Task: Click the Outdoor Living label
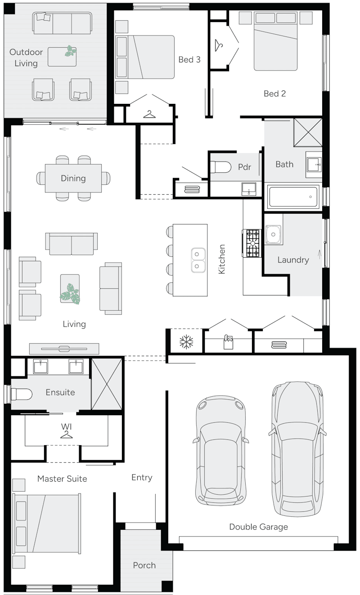pyautogui.click(x=26, y=58)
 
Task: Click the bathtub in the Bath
pyautogui.click(x=293, y=197)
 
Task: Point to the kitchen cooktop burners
pyautogui.click(x=252, y=243)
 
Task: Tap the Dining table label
pyautogui.click(x=73, y=179)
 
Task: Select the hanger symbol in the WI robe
pyautogui.click(x=67, y=434)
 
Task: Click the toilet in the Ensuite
pyautogui.click(x=21, y=394)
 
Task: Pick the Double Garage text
pyautogui.click(x=258, y=527)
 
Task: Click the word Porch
pyautogui.click(x=144, y=565)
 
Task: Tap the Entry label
pyautogui.click(x=142, y=478)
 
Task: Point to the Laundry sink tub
pyautogui.click(x=273, y=234)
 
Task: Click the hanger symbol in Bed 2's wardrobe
pyautogui.click(x=219, y=45)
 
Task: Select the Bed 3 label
pyautogui.click(x=189, y=59)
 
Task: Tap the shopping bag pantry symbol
pyautogui.click(x=228, y=343)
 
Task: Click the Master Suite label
pyautogui.click(x=62, y=479)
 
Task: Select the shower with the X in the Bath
pyautogui.click(x=308, y=132)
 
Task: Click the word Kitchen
pyautogui.click(x=221, y=259)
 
